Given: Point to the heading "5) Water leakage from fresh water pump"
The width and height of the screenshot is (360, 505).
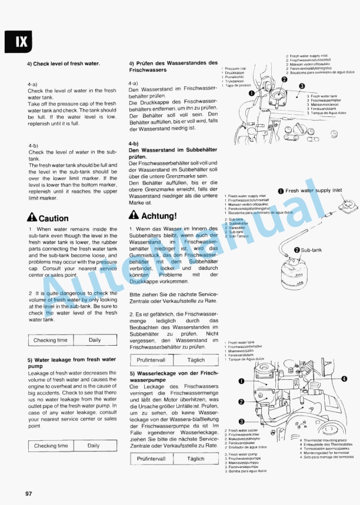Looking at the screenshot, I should [70, 363].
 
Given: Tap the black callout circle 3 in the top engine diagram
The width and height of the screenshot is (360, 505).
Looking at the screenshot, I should [302, 86].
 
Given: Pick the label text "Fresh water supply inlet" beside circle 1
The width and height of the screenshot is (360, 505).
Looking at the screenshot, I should [314, 190].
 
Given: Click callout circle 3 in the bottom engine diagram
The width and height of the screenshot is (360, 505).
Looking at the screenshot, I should [241, 421].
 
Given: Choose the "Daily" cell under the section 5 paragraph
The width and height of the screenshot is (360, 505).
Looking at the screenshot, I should [94, 446].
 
